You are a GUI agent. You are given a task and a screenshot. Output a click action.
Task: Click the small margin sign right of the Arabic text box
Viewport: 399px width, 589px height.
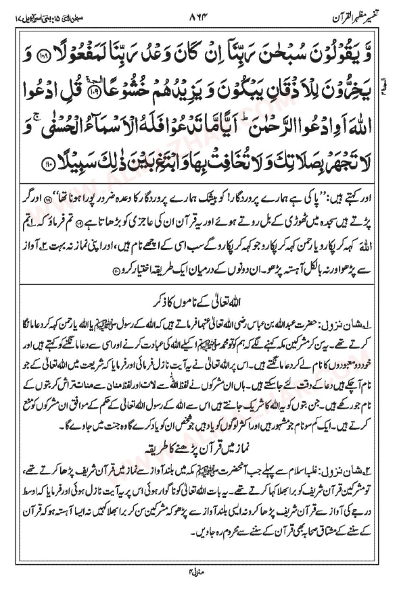(387, 88)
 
